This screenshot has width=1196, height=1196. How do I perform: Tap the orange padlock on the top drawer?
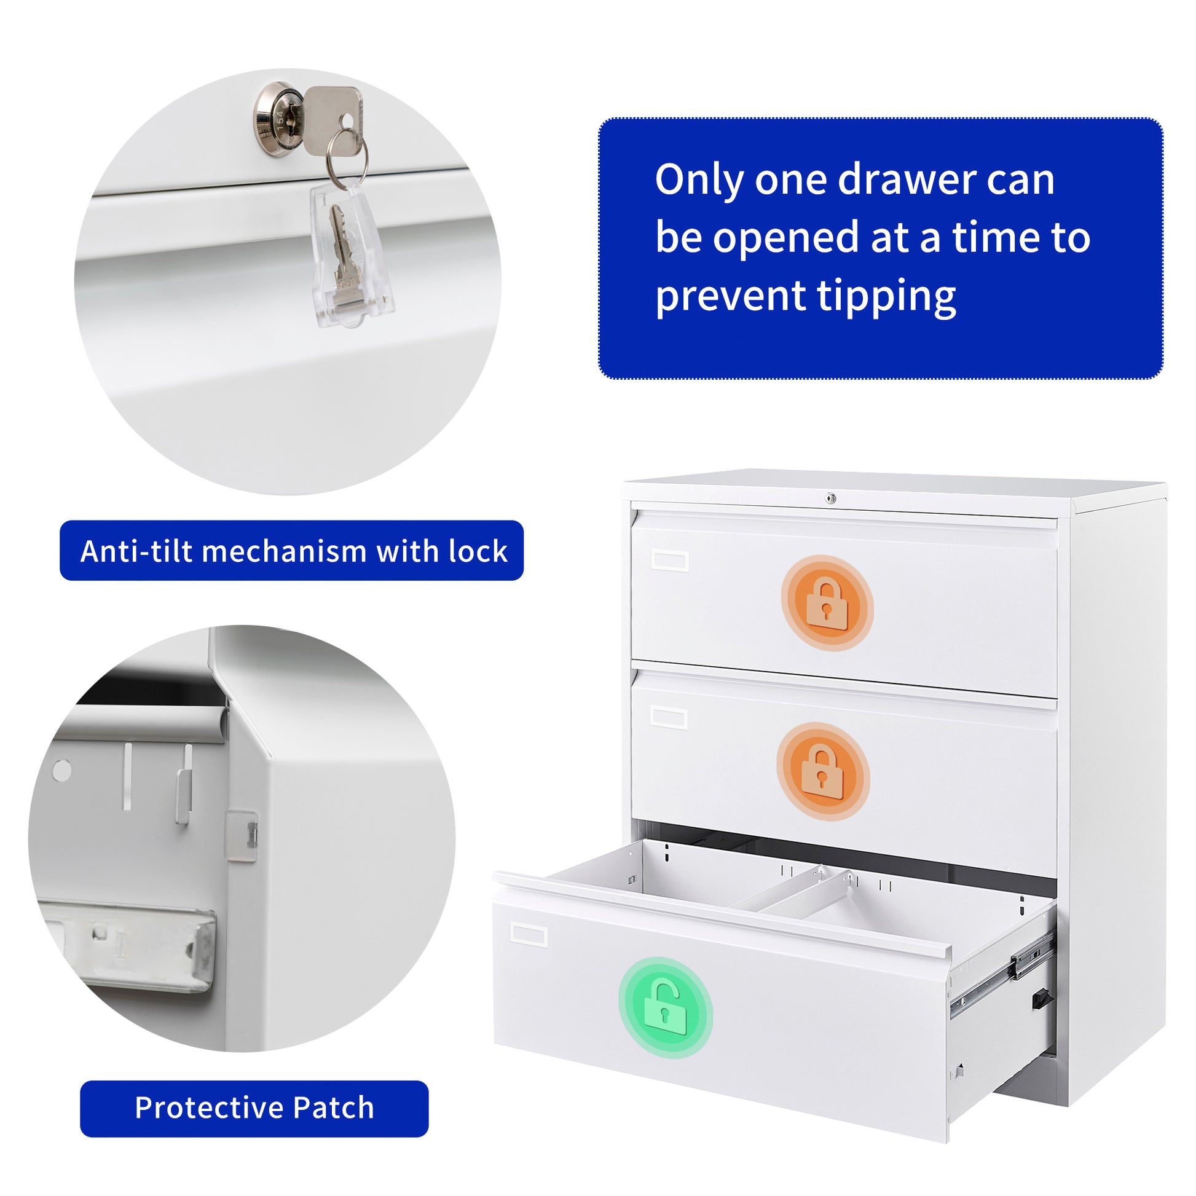[x=827, y=604]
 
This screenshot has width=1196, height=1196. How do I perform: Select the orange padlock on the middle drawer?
[x=823, y=772]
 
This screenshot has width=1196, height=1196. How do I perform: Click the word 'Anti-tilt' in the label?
[x=137, y=551]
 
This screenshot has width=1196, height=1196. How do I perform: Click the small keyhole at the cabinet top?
[x=831, y=498]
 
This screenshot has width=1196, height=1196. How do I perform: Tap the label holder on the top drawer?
[x=671, y=561]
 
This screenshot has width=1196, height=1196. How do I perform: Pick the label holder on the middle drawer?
[x=669, y=718]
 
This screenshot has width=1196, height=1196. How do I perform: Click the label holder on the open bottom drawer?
[x=529, y=935]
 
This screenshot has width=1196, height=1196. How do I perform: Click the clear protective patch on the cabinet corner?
[x=242, y=836]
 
